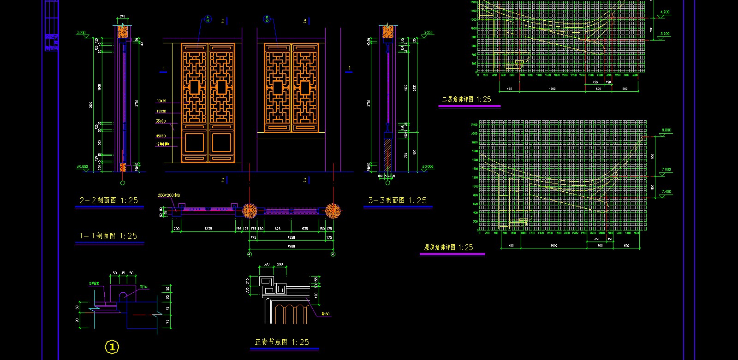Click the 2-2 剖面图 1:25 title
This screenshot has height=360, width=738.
pos(109,201)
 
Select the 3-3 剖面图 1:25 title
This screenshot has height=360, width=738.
pos(397,201)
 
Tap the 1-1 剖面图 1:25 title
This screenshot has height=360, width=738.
pos(108,236)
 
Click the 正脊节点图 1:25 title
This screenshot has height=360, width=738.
pos(282,342)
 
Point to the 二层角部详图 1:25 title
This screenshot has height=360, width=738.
pos(466,99)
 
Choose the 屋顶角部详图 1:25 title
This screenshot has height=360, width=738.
pos(448,248)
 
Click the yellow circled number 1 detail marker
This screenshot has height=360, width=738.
pos(112,347)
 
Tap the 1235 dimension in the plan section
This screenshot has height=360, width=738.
pos(208,229)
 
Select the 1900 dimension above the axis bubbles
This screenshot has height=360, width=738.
pos(291,246)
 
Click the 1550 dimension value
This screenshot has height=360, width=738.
pos(291,237)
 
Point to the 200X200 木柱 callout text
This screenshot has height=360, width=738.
pos(168,195)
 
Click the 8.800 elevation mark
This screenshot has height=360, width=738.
pos(666,130)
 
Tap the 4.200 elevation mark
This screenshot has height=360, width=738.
pos(665,12)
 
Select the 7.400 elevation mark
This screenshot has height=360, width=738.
pos(666,191)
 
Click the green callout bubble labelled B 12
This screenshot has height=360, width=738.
pos(267,19)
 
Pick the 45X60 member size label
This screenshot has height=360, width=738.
pos(161,136)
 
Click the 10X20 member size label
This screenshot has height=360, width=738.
pos(161,101)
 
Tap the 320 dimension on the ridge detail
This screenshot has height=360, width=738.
pos(267,265)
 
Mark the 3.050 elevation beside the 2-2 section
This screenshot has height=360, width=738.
pos(81,33)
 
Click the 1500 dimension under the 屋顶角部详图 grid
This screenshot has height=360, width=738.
pos(553,246)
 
